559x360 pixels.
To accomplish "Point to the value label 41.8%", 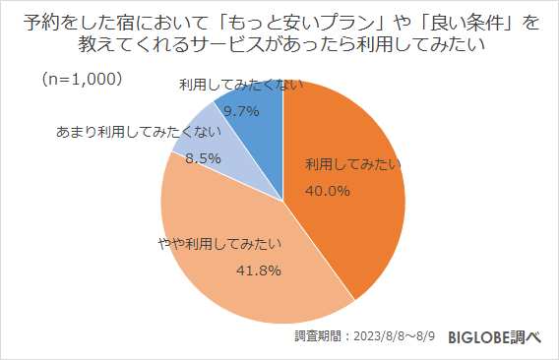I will tap(259, 270).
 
